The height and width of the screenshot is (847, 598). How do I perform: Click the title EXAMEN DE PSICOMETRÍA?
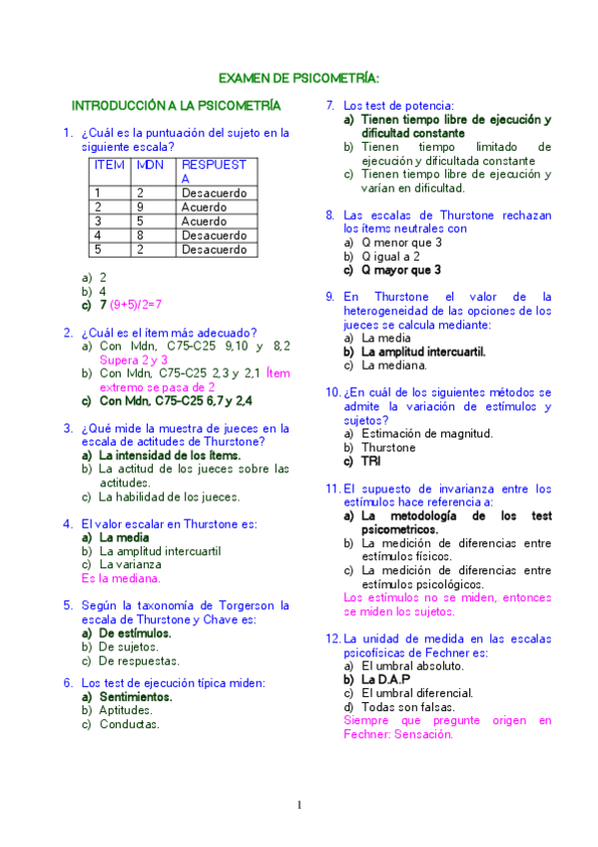tap(299, 78)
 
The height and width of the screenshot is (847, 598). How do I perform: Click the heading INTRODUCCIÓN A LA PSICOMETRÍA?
tap(176, 106)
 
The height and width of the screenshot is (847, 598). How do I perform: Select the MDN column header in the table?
tap(151, 164)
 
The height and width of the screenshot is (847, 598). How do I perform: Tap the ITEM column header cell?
tap(109, 164)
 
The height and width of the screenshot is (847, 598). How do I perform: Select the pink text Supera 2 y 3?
tap(133, 360)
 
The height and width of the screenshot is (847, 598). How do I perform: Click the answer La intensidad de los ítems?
tap(170, 455)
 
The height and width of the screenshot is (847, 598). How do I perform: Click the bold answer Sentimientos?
tap(136, 697)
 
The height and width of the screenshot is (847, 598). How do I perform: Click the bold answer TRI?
tap(370, 461)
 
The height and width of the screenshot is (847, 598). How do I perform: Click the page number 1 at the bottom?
tap(299, 806)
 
